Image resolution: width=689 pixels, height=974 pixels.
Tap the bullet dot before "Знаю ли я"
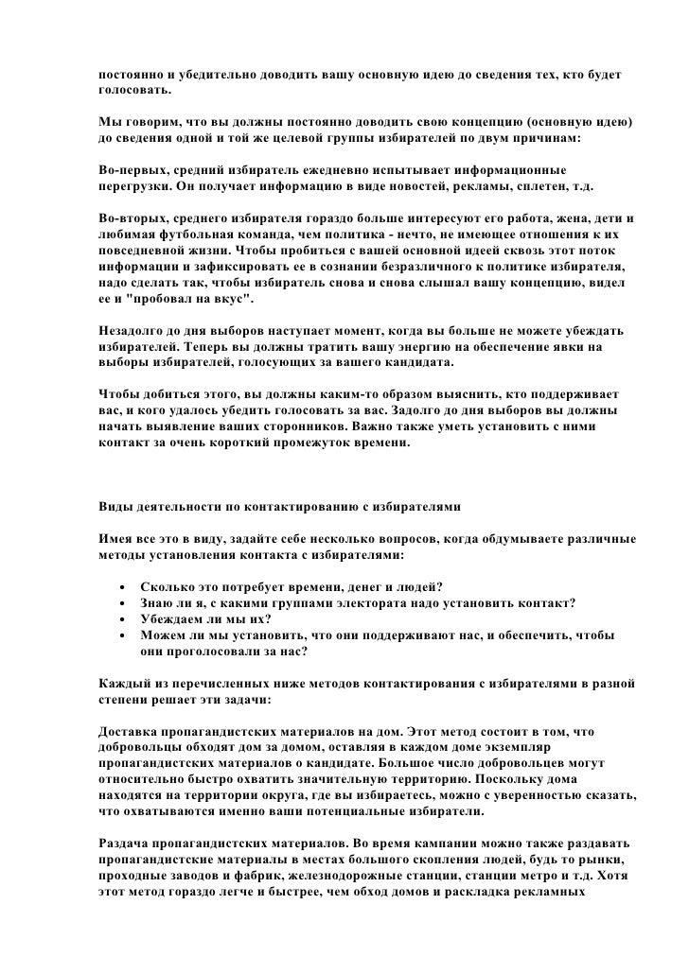pos(121,603)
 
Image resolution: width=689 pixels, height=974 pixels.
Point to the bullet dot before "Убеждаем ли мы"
pos(121,619)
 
